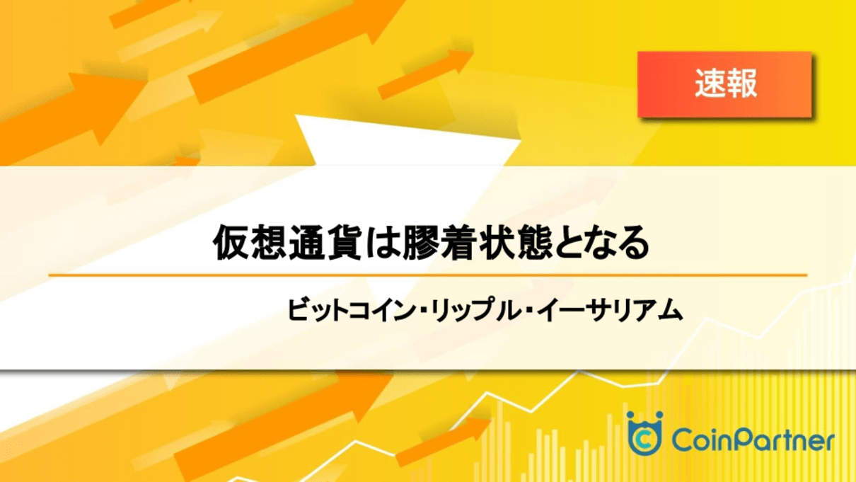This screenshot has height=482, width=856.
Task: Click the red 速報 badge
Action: [724, 84]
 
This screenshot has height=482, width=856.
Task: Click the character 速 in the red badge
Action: [709, 84]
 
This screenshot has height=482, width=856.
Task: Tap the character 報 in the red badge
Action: [741, 84]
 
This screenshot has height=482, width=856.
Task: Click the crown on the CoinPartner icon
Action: [644, 418]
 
